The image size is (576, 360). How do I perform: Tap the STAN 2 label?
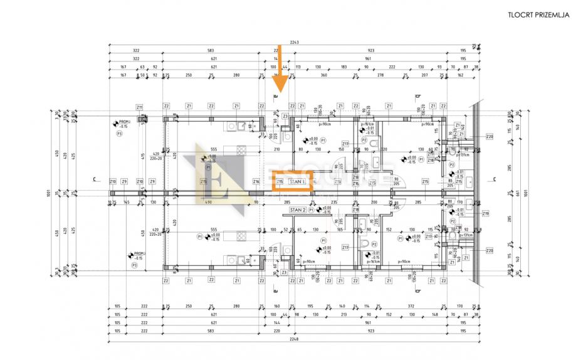[298, 210]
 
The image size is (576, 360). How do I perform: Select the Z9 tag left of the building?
[125, 182]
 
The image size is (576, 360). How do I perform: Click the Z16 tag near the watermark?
[256, 182]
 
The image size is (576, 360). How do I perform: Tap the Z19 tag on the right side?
[485, 214]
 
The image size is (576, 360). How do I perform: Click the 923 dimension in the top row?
[370, 50]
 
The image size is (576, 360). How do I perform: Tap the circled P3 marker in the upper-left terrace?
[118, 134]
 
